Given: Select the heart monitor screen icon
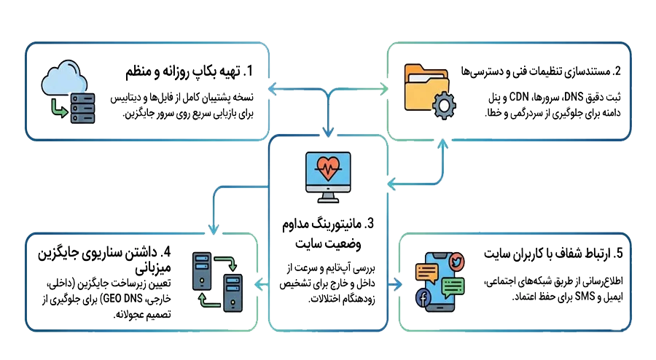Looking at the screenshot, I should tap(327, 175).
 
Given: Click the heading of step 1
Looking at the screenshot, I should tap(187, 72).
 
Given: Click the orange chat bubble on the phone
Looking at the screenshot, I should tap(425, 273).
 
